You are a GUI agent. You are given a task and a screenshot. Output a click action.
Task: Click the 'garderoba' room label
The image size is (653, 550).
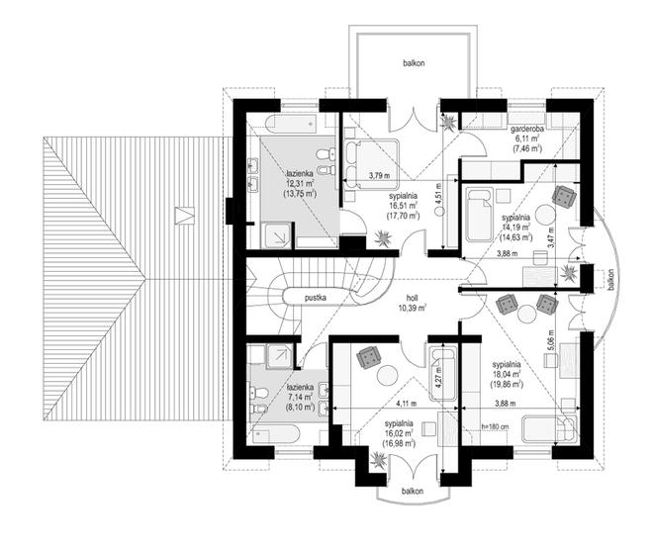(527, 130)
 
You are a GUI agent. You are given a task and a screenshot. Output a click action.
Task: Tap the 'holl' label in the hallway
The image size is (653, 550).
(413, 298)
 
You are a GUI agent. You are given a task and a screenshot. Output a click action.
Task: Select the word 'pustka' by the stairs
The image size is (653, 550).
(316, 298)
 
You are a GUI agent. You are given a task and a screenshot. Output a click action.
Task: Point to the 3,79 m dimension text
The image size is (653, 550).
(379, 176)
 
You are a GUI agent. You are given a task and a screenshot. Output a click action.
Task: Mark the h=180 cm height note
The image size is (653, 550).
(495, 426)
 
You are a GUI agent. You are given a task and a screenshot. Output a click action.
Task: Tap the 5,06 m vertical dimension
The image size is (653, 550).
(551, 340)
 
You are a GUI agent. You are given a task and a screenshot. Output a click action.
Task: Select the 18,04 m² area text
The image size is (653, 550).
(507, 374)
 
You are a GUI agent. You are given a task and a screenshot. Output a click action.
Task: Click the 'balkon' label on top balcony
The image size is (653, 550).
(414, 63)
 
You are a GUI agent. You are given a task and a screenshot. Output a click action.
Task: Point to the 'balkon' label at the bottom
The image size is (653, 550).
(413, 491)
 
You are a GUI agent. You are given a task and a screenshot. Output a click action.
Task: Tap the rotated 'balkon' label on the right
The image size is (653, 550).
(610, 279)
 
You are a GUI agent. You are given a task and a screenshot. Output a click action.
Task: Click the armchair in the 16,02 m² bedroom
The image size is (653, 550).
(369, 357)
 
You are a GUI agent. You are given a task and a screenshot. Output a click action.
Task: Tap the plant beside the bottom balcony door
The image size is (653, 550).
(380, 461)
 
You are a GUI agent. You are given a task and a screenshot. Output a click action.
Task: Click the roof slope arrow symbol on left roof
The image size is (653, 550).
(184, 216)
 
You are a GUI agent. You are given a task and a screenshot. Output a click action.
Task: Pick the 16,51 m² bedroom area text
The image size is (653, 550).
(403, 206)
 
